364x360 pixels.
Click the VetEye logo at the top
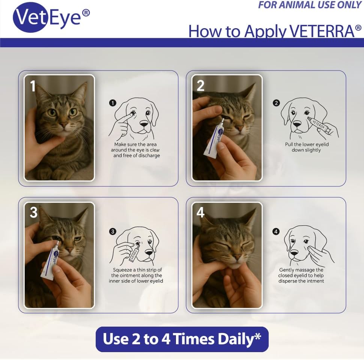[51, 17]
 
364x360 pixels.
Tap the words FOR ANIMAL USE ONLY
[310, 5]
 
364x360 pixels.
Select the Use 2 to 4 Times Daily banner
[182, 339]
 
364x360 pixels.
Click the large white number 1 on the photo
[33, 86]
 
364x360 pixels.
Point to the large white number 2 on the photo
[200, 86]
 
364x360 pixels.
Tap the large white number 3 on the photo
[34, 213]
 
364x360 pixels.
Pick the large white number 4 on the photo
[200, 213]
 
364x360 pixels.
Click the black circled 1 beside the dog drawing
[113, 103]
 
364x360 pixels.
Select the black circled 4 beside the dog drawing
[276, 231]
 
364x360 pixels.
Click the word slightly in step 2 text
[312, 150]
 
